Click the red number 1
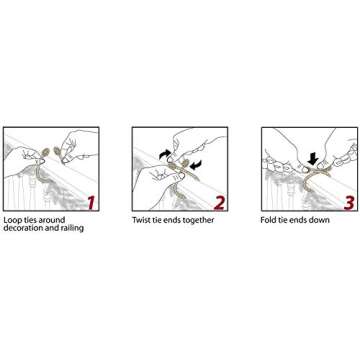[91, 203]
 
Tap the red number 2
[219, 203]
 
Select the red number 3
[348, 203]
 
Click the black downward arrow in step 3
[313, 159]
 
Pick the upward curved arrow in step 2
[165, 154]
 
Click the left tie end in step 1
[45, 153]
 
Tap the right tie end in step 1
[57, 152]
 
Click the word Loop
[12, 220]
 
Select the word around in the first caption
[50, 220]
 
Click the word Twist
[142, 220]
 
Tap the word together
[197, 221]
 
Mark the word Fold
[268, 220]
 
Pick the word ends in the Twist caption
[170, 220]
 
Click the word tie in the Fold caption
[282, 220]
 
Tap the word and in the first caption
[50, 228]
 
